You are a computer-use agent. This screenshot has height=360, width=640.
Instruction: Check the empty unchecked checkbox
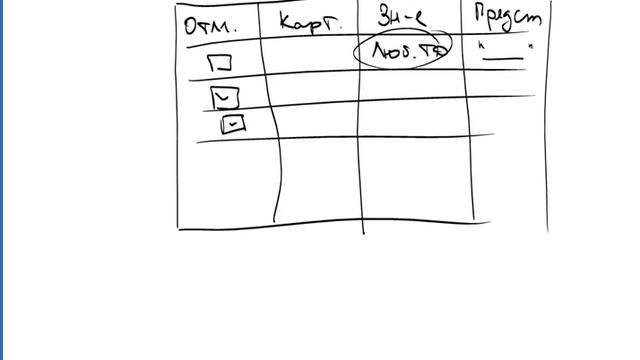point(220,62)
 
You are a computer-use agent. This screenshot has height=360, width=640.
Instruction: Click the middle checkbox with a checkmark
point(226,97)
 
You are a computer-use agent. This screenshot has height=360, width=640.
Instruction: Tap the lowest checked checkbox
point(232,123)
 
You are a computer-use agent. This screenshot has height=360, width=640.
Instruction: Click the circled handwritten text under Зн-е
point(404,50)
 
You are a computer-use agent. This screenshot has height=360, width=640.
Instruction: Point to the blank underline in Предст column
point(503,57)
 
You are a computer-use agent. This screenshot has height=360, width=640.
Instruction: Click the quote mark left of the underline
point(481,45)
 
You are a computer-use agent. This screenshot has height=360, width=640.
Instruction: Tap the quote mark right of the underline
point(530,46)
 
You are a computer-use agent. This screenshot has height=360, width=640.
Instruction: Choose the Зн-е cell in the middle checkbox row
point(415,88)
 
